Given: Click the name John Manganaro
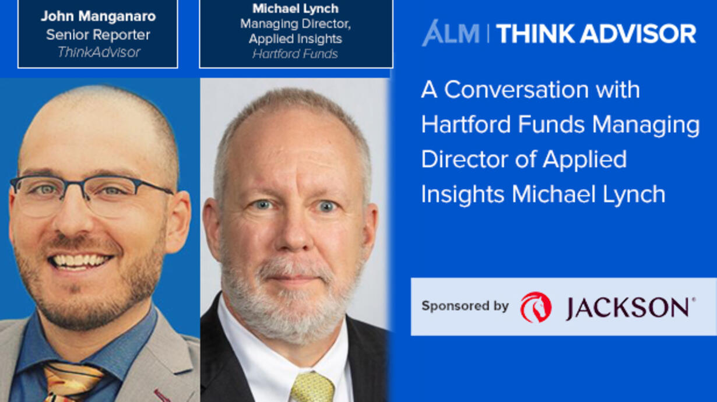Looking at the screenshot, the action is point(98,16).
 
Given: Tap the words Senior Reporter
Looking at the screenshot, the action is point(98,34).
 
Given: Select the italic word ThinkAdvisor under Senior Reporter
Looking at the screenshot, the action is point(99,52).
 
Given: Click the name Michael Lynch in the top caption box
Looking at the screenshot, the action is point(296,9).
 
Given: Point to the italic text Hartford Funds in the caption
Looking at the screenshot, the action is point(295,54).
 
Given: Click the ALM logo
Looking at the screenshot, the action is point(451,33).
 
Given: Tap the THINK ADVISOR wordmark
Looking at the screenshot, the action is point(596,34).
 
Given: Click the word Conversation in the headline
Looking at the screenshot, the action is point(516,90).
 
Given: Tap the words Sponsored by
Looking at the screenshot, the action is point(465,306).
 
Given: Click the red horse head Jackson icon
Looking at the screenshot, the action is point(536,307).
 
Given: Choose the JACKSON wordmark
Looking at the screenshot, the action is point(630,308).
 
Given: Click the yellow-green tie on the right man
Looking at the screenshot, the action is point(312,387).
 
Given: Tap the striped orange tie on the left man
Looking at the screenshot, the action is point(71,382).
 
